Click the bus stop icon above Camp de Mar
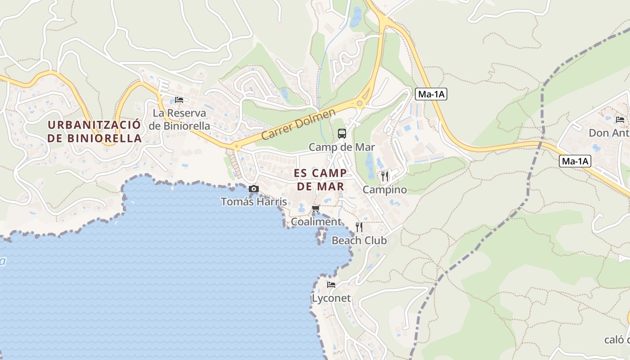click(342, 134)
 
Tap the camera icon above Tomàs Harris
click(254, 189)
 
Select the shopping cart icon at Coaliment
click(316, 208)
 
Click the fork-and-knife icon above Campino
click(385, 176)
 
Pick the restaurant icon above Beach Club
click(359, 227)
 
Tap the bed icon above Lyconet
click(331, 285)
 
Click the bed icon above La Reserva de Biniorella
click(179, 99)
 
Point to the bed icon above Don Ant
click(620, 120)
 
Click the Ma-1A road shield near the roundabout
click(431, 94)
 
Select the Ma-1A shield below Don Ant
click(575, 161)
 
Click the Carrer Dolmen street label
click(298, 124)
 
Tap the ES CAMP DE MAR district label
click(320, 180)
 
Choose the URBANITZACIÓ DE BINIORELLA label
click(94, 131)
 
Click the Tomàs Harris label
click(254, 202)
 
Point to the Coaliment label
click(316, 222)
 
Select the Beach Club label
click(359, 240)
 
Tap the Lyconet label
click(331, 298)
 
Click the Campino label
click(385, 189)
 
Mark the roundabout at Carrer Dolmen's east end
click(360, 103)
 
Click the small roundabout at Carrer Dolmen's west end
click(235, 146)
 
